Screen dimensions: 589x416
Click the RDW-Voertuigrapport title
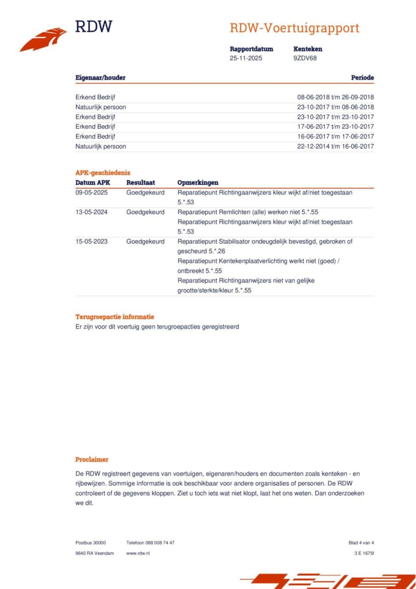(294, 28)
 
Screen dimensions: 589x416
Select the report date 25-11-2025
(246, 58)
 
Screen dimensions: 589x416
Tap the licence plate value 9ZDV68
(305, 58)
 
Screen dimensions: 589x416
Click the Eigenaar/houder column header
(100, 78)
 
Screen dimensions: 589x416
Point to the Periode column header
(362, 78)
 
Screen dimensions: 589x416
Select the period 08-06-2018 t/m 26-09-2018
(335, 97)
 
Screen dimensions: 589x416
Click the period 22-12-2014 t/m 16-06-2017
(335, 146)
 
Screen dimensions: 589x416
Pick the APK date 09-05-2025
(91, 192)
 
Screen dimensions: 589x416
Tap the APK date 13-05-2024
(91, 212)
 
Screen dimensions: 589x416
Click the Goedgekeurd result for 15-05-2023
(145, 242)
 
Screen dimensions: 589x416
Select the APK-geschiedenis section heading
(103, 173)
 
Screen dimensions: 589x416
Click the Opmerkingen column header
(198, 183)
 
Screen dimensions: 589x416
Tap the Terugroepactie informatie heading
(115, 317)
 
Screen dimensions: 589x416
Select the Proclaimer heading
(92, 459)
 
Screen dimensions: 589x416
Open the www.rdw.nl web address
(138, 553)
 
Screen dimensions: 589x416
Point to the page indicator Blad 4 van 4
(361, 543)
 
